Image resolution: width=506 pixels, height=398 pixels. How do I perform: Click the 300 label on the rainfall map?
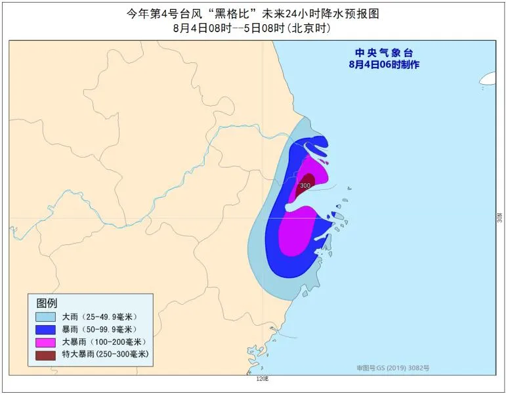point(305,186)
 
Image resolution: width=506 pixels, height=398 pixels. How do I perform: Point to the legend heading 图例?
point(47,303)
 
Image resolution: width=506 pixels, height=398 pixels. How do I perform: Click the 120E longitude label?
point(262,379)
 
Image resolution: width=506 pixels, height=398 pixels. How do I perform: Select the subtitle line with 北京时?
point(253,28)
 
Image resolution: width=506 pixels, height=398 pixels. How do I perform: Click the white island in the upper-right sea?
point(489,79)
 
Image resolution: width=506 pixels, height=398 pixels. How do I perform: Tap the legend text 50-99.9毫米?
point(112,329)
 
